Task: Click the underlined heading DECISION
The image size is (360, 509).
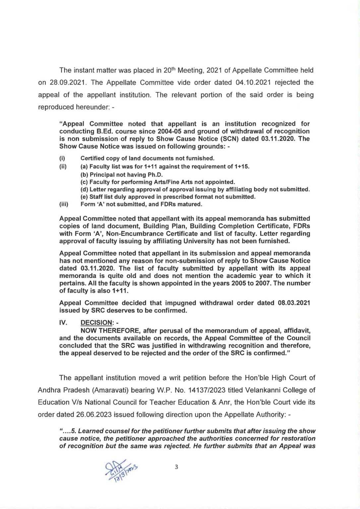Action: pyautogui.click(x=96, y=323)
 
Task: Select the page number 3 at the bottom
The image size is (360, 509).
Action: pyautogui.click(x=176, y=467)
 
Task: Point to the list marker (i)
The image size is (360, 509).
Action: pyautogui.click(x=62, y=158)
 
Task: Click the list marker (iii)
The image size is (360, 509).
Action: pyautogui.click(x=64, y=204)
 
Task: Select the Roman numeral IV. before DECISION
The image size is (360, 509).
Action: pyautogui.click(x=63, y=323)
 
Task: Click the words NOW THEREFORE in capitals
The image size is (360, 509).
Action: pyautogui.click(x=106, y=331)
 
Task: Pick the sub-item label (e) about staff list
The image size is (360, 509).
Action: pyautogui.click(x=84, y=197)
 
